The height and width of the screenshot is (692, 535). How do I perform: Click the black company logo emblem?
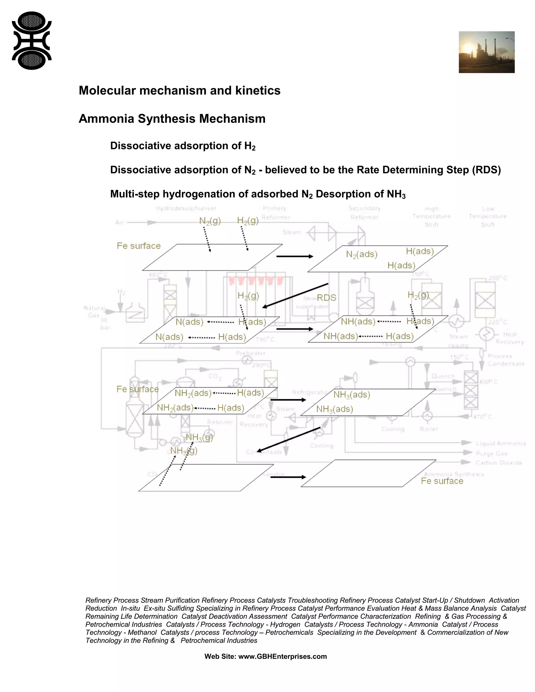click(32, 40)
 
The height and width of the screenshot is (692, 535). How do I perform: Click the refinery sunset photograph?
click(486, 52)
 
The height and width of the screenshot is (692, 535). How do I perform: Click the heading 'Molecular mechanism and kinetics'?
click(179, 91)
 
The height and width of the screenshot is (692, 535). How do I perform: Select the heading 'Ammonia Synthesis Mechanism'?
click(172, 119)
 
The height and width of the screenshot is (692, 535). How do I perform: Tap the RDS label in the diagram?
click(327, 298)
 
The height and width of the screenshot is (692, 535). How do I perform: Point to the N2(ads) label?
click(362, 254)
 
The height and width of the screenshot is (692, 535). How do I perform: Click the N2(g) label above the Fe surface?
click(210, 221)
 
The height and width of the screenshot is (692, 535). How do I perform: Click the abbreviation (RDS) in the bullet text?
click(486, 170)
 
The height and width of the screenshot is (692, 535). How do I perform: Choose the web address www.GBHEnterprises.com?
click(282, 656)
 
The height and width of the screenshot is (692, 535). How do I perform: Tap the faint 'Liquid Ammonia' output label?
click(501, 443)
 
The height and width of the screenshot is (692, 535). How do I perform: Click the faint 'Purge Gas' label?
click(491, 454)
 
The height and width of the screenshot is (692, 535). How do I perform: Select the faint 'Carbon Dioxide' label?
click(498, 463)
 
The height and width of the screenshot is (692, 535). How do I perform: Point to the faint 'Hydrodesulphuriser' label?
click(186, 208)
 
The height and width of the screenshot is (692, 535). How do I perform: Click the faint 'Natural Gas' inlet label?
click(94, 312)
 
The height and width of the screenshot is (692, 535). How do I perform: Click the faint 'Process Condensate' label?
click(506, 360)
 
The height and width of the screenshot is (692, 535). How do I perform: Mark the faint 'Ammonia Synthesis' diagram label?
click(453, 474)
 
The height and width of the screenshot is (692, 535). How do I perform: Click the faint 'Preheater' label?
click(250, 353)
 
